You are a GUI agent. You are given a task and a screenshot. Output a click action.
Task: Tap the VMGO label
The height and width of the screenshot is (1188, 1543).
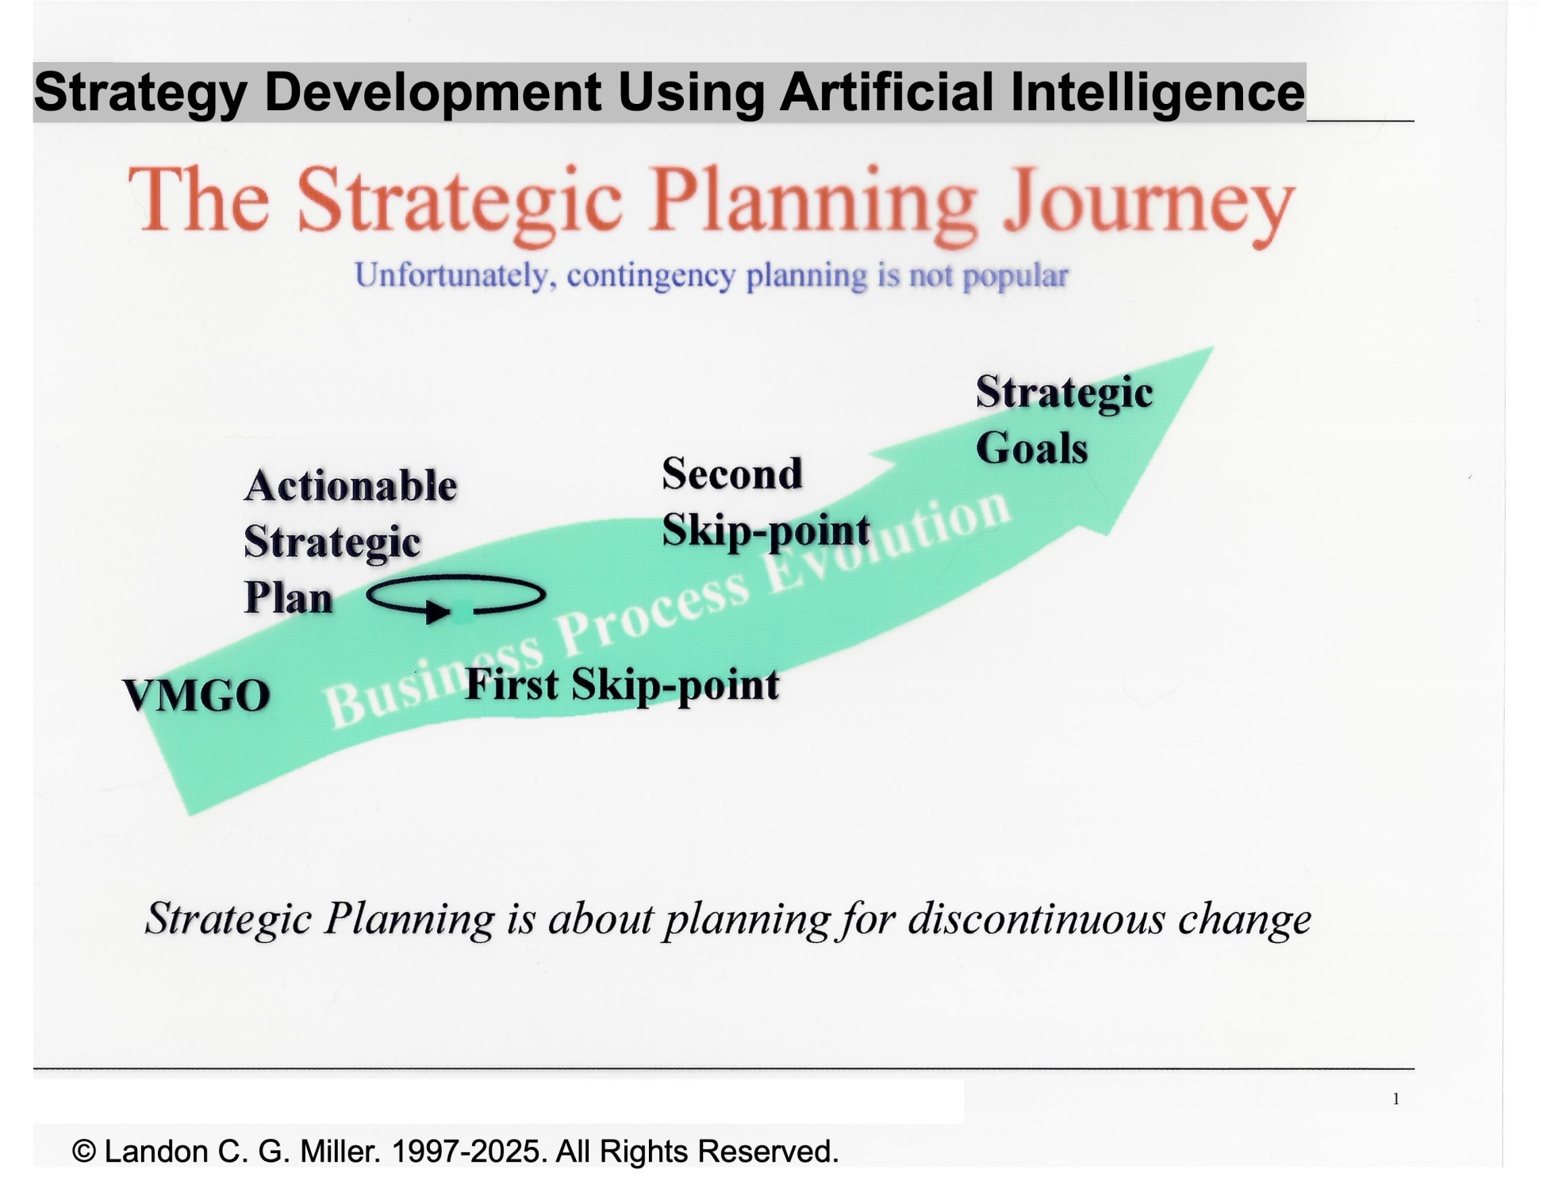[197, 696]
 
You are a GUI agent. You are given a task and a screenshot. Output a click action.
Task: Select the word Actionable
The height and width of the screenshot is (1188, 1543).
[351, 485]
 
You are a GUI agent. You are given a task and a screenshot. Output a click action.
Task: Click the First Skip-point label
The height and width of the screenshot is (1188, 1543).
[622, 684]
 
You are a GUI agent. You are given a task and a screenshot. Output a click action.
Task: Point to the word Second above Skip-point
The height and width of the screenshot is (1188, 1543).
[732, 473]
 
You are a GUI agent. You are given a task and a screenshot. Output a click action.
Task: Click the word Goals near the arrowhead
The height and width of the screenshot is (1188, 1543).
[1031, 448]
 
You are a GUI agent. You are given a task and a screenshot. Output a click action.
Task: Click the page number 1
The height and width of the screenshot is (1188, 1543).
[1395, 1099]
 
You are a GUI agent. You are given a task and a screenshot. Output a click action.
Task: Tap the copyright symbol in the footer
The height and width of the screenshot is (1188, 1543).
[84, 1151]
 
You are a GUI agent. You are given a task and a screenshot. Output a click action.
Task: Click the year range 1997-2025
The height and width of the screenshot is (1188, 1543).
[469, 1151]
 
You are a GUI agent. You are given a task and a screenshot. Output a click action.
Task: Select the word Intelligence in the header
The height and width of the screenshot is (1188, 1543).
[1157, 92]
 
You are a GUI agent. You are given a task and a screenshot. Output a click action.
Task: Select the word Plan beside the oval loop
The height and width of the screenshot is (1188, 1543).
[288, 598]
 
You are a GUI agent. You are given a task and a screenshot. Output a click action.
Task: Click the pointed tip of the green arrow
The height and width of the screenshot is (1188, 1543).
[1213, 347]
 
